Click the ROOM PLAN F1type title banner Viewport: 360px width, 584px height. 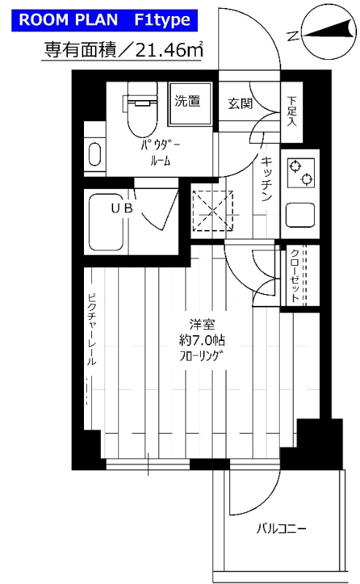pyautogui.click(x=104, y=20)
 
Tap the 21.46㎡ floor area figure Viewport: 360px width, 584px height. pyautogui.click(x=169, y=50)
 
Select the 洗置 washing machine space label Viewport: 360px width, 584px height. pyautogui.click(x=188, y=101)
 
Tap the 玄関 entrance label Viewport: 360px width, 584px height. pyautogui.click(x=240, y=104)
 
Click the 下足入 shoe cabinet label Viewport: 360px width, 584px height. pyautogui.click(x=292, y=111)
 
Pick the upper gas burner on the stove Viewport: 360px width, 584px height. pyautogui.click(x=295, y=166)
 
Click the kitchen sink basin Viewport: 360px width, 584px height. pyautogui.click(x=300, y=215)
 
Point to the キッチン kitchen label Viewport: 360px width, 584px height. pyautogui.click(x=266, y=179)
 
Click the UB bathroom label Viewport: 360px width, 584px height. pyautogui.click(x=122, y=208)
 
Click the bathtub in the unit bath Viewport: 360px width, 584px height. pyautogui.click(x=107, y=222)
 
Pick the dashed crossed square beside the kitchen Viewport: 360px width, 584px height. pyautogui.click(x=212, y=211)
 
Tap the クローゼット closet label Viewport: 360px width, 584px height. pyautogui.click(x=294, y=275)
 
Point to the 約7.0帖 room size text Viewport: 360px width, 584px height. pyautogui.click(x=202, y=340)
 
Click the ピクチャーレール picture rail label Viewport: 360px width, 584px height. pyautogui.click(x=92, y=330)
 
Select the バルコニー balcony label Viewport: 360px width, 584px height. pyautogui.click(x=281, y=529)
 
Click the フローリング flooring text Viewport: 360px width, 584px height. pyautogui.click(x=202, y=356)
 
